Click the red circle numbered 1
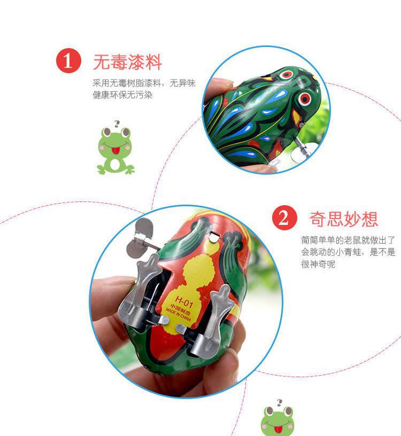tap(68, 60)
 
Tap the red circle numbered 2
tap(284, 217)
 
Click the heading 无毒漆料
tap(127, 62)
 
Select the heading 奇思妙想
tap(343, 219)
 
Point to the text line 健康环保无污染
tap(122, 95)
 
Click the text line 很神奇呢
tap(318, 264)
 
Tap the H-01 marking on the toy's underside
tap(184, 301)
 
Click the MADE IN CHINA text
tap(179, 315)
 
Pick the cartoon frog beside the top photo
tap(115, 151)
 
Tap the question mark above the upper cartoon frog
tap(117, 124)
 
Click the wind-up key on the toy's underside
tap(141, 238)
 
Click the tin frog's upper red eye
tap(286, 74)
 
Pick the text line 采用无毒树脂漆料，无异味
tap(144, 83)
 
